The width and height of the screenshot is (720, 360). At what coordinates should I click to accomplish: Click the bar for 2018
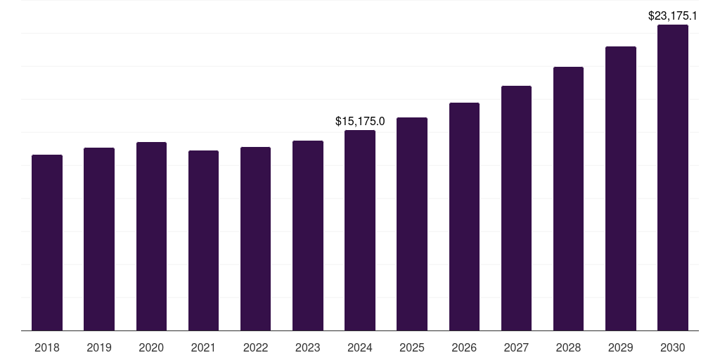[47, 243]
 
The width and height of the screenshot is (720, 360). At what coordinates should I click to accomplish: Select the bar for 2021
[203, 240]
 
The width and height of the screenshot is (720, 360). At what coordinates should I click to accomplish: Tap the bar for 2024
[360, 231]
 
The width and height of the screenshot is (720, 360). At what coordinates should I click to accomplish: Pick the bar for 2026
[464, 217]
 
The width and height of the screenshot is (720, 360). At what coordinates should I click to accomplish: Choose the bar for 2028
[568, 199]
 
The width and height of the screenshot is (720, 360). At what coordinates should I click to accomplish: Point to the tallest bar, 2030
[672, 178]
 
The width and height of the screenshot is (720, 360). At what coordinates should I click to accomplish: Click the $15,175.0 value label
[360, 122]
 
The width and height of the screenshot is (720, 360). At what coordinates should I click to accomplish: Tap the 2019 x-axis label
[99, 347]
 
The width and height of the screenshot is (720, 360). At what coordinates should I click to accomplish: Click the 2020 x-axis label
[151, 347]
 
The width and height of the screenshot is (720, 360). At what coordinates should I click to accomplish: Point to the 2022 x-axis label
[255, 347]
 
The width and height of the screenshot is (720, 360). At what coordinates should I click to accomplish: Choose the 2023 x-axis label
[308, 347]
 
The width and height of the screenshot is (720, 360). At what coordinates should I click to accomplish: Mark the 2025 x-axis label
[412, 347]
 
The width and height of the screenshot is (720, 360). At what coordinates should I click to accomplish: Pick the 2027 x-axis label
[516, 347]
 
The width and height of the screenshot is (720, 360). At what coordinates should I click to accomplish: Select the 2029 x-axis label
[620, 347]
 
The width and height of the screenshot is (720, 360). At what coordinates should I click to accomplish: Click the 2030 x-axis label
[672, 347]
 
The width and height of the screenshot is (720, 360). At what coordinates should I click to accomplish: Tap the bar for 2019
[99, 239]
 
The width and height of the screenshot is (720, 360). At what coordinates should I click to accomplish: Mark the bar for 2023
[308, 236]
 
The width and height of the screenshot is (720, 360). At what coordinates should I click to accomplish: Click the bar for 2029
[620, 188]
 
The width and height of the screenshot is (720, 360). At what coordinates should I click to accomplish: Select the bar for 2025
[412, 224]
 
